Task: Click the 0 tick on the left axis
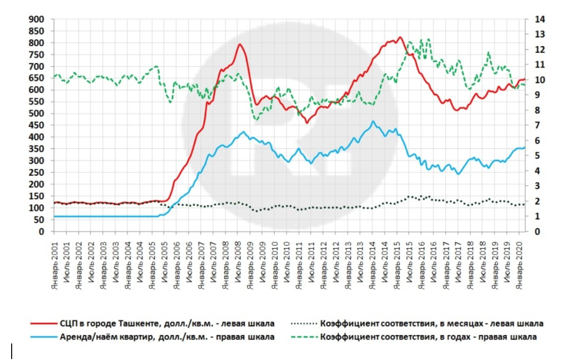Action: tap(42, 232)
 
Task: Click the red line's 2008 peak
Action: tap(240, 44)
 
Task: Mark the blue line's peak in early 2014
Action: tap(373, 121)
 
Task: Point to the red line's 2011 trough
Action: tap(307, 123)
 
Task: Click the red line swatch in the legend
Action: tap(43, 324)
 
